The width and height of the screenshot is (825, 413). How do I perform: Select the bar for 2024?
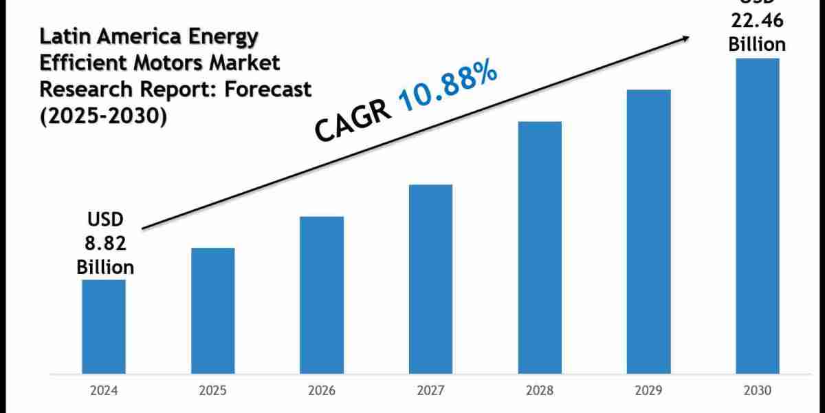point(104,327)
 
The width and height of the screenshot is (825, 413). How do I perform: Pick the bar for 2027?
point(430,279)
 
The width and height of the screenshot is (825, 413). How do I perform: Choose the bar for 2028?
point(540,248)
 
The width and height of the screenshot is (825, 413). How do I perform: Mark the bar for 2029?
point(648,232)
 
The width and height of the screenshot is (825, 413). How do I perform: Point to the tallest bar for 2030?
point(758,216)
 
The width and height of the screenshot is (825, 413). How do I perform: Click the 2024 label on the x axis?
point(104,390)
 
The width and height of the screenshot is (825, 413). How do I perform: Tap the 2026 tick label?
point(322,390)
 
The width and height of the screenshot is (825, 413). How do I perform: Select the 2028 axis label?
point(540,390)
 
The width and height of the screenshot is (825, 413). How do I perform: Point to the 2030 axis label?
point(758,390)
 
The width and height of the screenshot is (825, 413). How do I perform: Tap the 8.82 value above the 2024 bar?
point(104,243)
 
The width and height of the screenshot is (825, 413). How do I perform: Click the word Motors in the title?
point(173,63)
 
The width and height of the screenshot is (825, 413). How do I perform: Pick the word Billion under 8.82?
point(104,266)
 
